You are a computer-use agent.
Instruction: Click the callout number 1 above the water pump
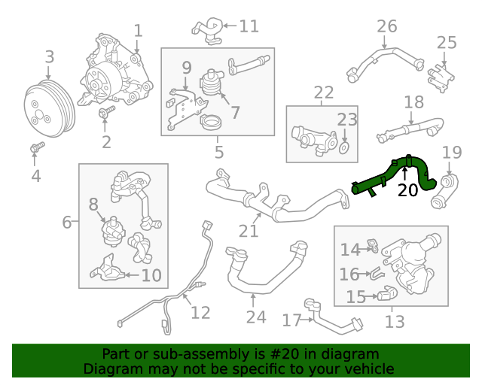tap(138, 31)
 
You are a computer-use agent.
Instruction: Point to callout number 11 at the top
tap(249, 26)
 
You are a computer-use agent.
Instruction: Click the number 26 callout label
tap(386, 26)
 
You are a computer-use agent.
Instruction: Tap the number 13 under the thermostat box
tap(395, 323)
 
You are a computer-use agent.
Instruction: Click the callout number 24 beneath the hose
tap(256, 317)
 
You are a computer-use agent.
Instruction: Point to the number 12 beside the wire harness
tap(200, 312)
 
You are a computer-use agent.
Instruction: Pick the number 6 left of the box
tap(67, 223)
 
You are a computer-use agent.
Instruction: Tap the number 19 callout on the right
tap(451, 153)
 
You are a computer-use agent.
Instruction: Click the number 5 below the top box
tap(219, 153)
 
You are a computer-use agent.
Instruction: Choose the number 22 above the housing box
tap(324, 93)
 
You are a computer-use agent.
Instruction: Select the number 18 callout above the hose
tap(413, 102)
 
